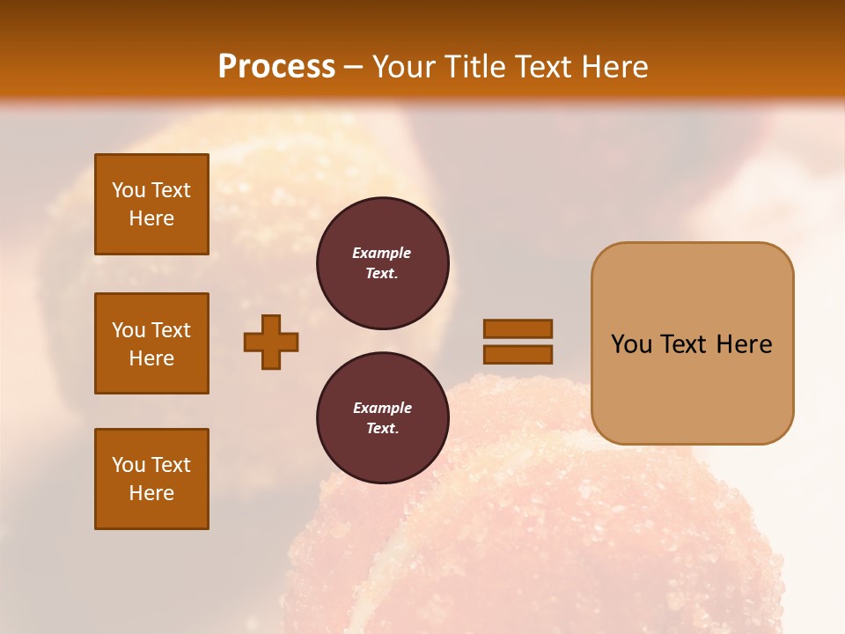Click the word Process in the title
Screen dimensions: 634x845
[x=276, y=66]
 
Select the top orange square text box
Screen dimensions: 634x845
[x=151, y=204]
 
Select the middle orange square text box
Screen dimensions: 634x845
[x=151, y=343]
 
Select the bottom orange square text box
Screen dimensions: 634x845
[x=151, y=479]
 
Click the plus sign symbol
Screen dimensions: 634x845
[x=271, y=342]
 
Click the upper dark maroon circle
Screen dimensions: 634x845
[x=382, y=263]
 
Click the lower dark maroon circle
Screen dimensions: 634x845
[x=382, y=417]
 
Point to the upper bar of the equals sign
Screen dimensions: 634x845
[x=518, y=328]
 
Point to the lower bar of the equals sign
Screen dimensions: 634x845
[x=518, y=354]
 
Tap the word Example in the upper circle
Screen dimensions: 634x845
[x=381, y=253]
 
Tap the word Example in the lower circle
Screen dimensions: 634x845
[x=382, y=408]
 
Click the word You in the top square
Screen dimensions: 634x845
[x=129, y=190]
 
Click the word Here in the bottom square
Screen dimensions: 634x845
[x=151, y=493]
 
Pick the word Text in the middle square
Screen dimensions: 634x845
[x=171, y=330]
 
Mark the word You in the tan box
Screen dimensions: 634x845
[x=631, y=344]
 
